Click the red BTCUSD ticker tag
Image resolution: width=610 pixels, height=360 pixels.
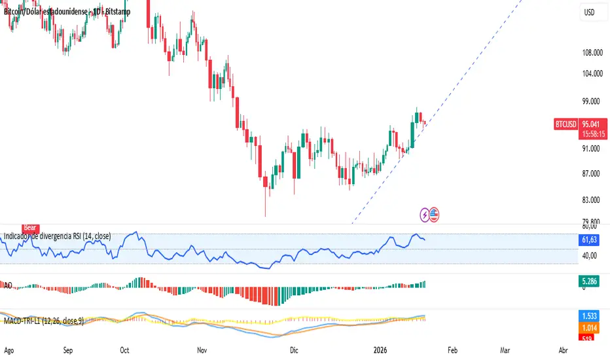(565, 123)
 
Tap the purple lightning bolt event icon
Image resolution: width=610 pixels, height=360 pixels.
(425, 213)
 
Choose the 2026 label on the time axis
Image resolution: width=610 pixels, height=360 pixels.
(376, 350)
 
